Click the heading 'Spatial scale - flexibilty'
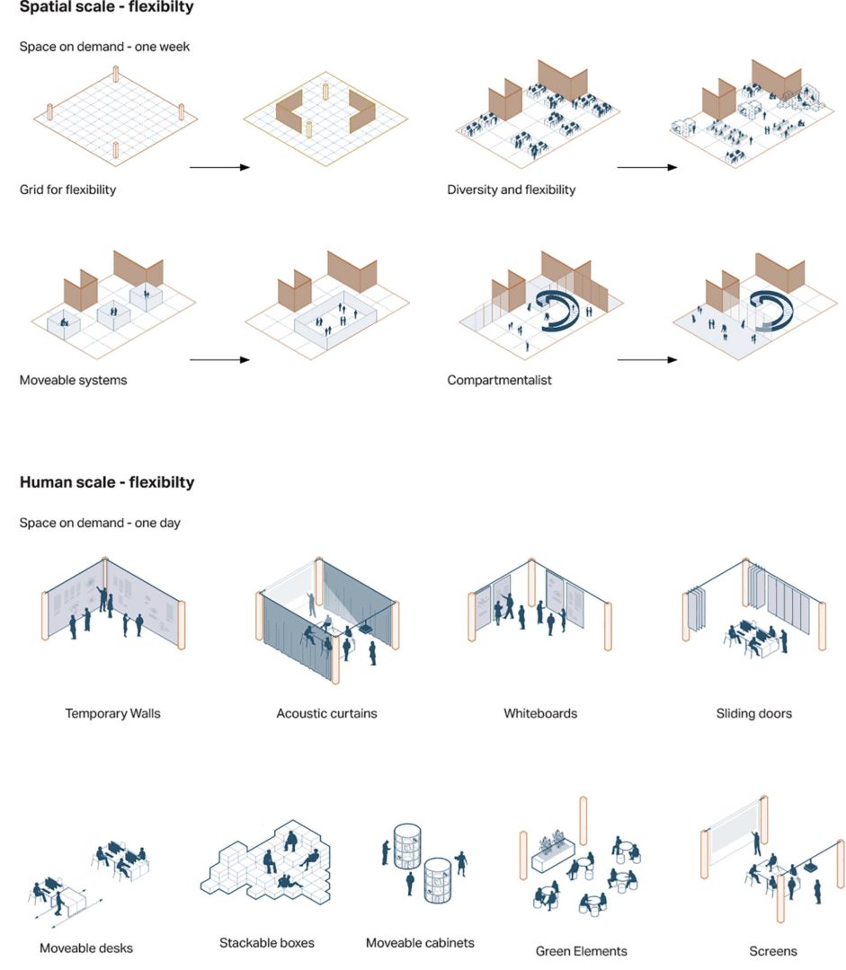click(x=106, y=7)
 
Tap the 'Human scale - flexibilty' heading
click(x=107, y=482)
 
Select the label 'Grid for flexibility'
click(x=67, y=190)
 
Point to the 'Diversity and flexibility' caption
click(x=511, y=190)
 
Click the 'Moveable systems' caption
click(x=73, y=380)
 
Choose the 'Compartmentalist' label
click(x=499, y=380)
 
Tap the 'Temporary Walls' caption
click(x=112, y=713)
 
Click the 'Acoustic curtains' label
click(x=326, y=713)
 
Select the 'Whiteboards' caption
click(x=540, y=713)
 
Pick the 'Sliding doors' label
click(x=753, y=713)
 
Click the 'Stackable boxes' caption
click(x=266, y=943)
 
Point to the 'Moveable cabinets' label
click(x=420, y=943)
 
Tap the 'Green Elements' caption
click(x=581, y=951)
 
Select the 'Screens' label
click(x=773, y=951)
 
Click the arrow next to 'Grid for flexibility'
click(x=219, y=167)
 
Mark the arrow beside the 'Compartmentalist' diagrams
click(x=647, y=359)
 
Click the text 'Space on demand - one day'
click(x=100, y=523)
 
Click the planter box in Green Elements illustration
click(x=553, y=855)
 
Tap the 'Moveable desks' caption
click(x=86, y=948)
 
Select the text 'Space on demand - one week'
click(x=104, y=47)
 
